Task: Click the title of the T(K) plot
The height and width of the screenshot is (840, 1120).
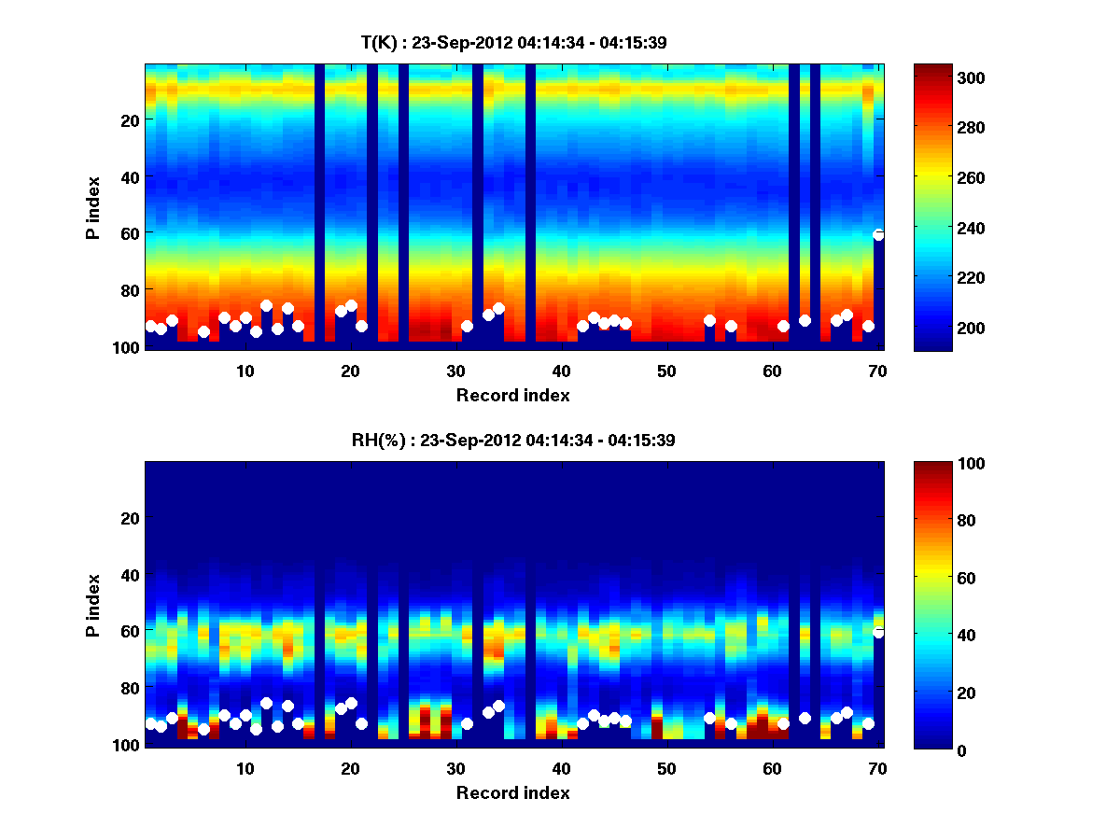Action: pos(513,42)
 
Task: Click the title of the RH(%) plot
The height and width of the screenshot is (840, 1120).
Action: pos(513,440)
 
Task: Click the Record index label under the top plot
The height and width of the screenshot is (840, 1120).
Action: pos(513,396)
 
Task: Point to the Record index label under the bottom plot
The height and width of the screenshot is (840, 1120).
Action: pos(513,793)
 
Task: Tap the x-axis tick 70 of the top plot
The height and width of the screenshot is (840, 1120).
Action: pos(877,371)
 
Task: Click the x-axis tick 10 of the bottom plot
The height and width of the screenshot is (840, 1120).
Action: pos(245,768)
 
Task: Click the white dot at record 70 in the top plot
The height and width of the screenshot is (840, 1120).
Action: pos(878,234)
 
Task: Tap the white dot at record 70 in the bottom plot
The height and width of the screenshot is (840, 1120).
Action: pos(878,632)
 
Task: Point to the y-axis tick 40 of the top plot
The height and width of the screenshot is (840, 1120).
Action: pos(130,176)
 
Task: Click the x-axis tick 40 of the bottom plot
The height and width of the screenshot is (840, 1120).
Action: pos(561,768)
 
